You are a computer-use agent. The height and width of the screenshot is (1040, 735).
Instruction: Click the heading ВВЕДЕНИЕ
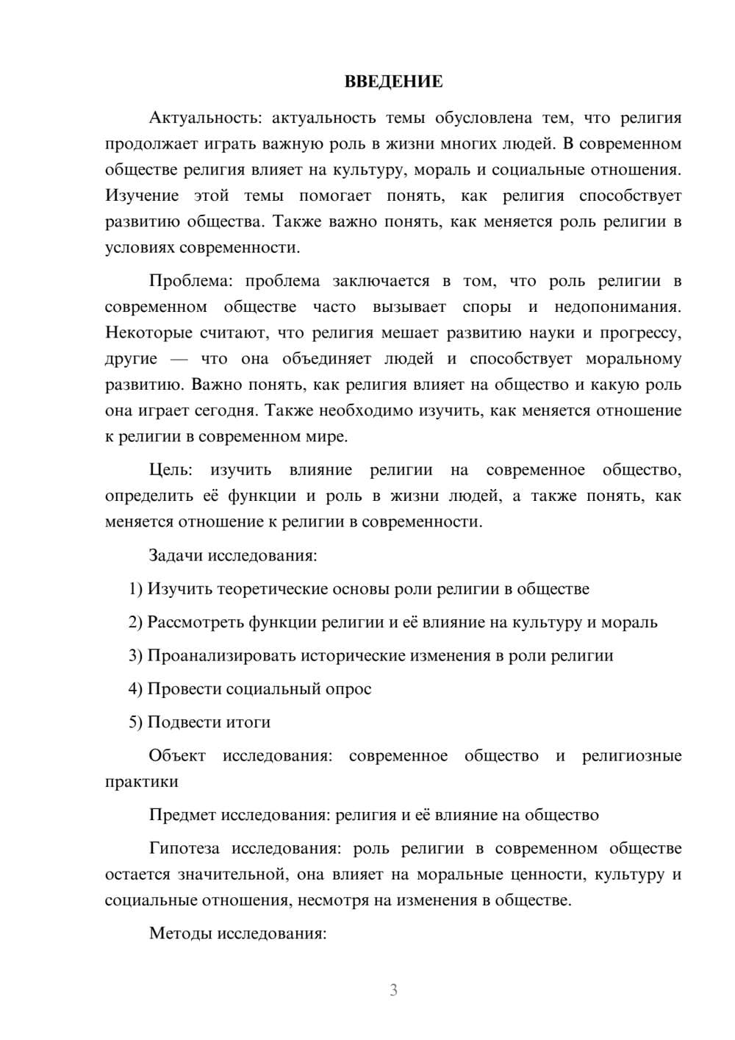393,82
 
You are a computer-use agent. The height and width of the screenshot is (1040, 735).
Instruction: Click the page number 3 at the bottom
393,990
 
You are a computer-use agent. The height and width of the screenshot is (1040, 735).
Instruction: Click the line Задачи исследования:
233,555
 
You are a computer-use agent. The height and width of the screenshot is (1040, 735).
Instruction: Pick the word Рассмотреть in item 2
196,622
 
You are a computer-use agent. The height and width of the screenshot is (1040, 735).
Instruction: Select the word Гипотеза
184,849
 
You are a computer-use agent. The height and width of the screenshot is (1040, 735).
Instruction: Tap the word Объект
177,756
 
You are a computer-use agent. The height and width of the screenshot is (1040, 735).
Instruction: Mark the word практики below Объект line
141,782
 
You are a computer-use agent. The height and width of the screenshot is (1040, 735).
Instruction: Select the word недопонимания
617,307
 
